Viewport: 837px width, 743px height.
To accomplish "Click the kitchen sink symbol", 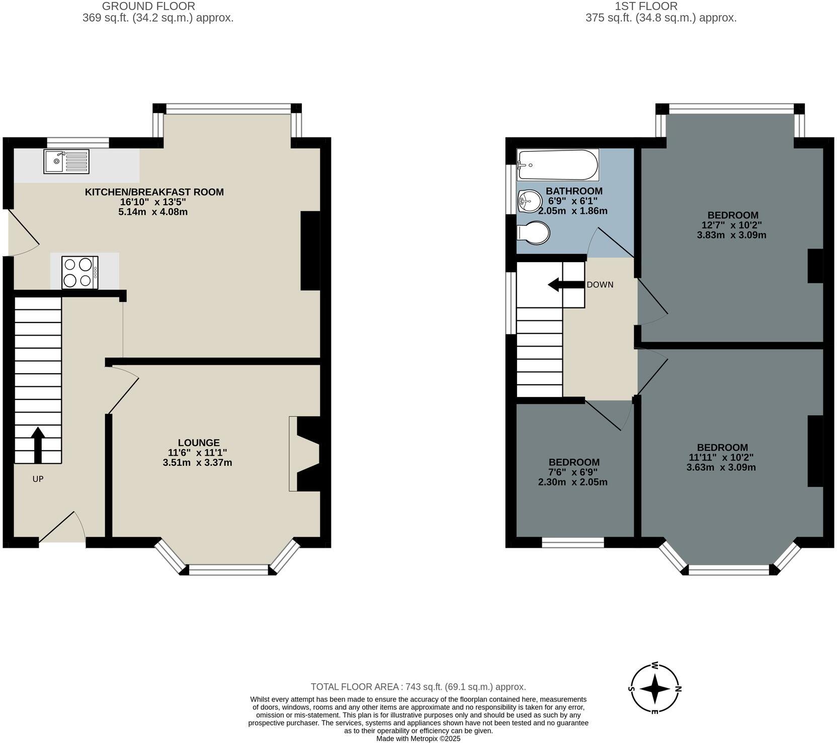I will [66, 161].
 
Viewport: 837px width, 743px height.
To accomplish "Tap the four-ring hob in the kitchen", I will [79, 273].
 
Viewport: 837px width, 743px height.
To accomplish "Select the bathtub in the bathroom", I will [557, 165].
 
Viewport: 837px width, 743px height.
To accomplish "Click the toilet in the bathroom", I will [534, 233].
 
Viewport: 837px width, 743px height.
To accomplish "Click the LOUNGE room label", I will [198, 443].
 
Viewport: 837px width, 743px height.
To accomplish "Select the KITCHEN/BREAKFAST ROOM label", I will [154, 192].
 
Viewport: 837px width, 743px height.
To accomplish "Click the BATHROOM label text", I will [574, 191].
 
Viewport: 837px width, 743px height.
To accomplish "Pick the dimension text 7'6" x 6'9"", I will [573, 472].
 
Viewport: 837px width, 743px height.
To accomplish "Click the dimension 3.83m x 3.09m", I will [731, 235].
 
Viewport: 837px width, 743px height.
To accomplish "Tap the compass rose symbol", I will [655, 688].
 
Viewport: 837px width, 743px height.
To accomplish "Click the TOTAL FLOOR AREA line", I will [418, 687].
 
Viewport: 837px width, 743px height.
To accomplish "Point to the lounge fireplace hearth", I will [293, 453].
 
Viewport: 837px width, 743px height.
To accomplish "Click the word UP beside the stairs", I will [38, 479].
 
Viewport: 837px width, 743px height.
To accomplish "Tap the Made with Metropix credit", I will [418, 738].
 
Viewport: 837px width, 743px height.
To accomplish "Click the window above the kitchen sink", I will [77, 143].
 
